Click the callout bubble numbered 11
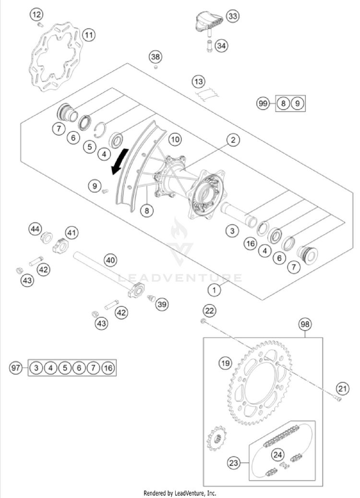[x=89, y=35]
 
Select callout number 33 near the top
[x=232, y=17]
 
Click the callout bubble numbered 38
[x=155, y=57]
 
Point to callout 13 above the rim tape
[x=199, y=82]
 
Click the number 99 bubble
[x=263, y=103]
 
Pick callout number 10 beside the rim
[x=175, y=140]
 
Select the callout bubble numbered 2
[x=233, y=140]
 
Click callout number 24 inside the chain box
[x=277, y=454]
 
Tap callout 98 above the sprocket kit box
[x=305, y=324]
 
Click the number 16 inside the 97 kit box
[x=108, y=368]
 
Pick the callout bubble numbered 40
[x=110, y=261]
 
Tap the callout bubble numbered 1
[x=214, y=289]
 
